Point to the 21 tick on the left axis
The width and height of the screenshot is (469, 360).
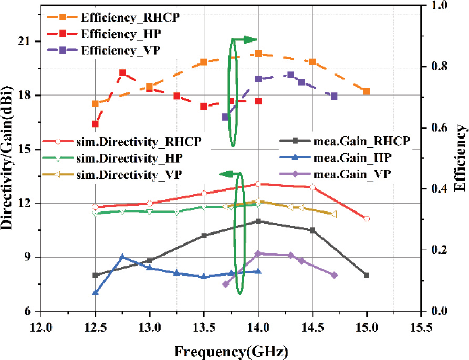pos(29,41)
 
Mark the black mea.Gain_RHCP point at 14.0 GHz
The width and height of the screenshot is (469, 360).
pos(258,221)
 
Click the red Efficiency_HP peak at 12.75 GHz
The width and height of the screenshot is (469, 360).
pos(122,73)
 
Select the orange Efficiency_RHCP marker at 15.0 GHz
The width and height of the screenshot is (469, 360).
pos(367,91)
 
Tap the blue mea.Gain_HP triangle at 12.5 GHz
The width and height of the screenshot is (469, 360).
pos(96,292)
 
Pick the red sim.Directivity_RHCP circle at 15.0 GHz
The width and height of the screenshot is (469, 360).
pos(367,218)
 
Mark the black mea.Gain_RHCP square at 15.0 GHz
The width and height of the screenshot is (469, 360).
pos(367,275)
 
